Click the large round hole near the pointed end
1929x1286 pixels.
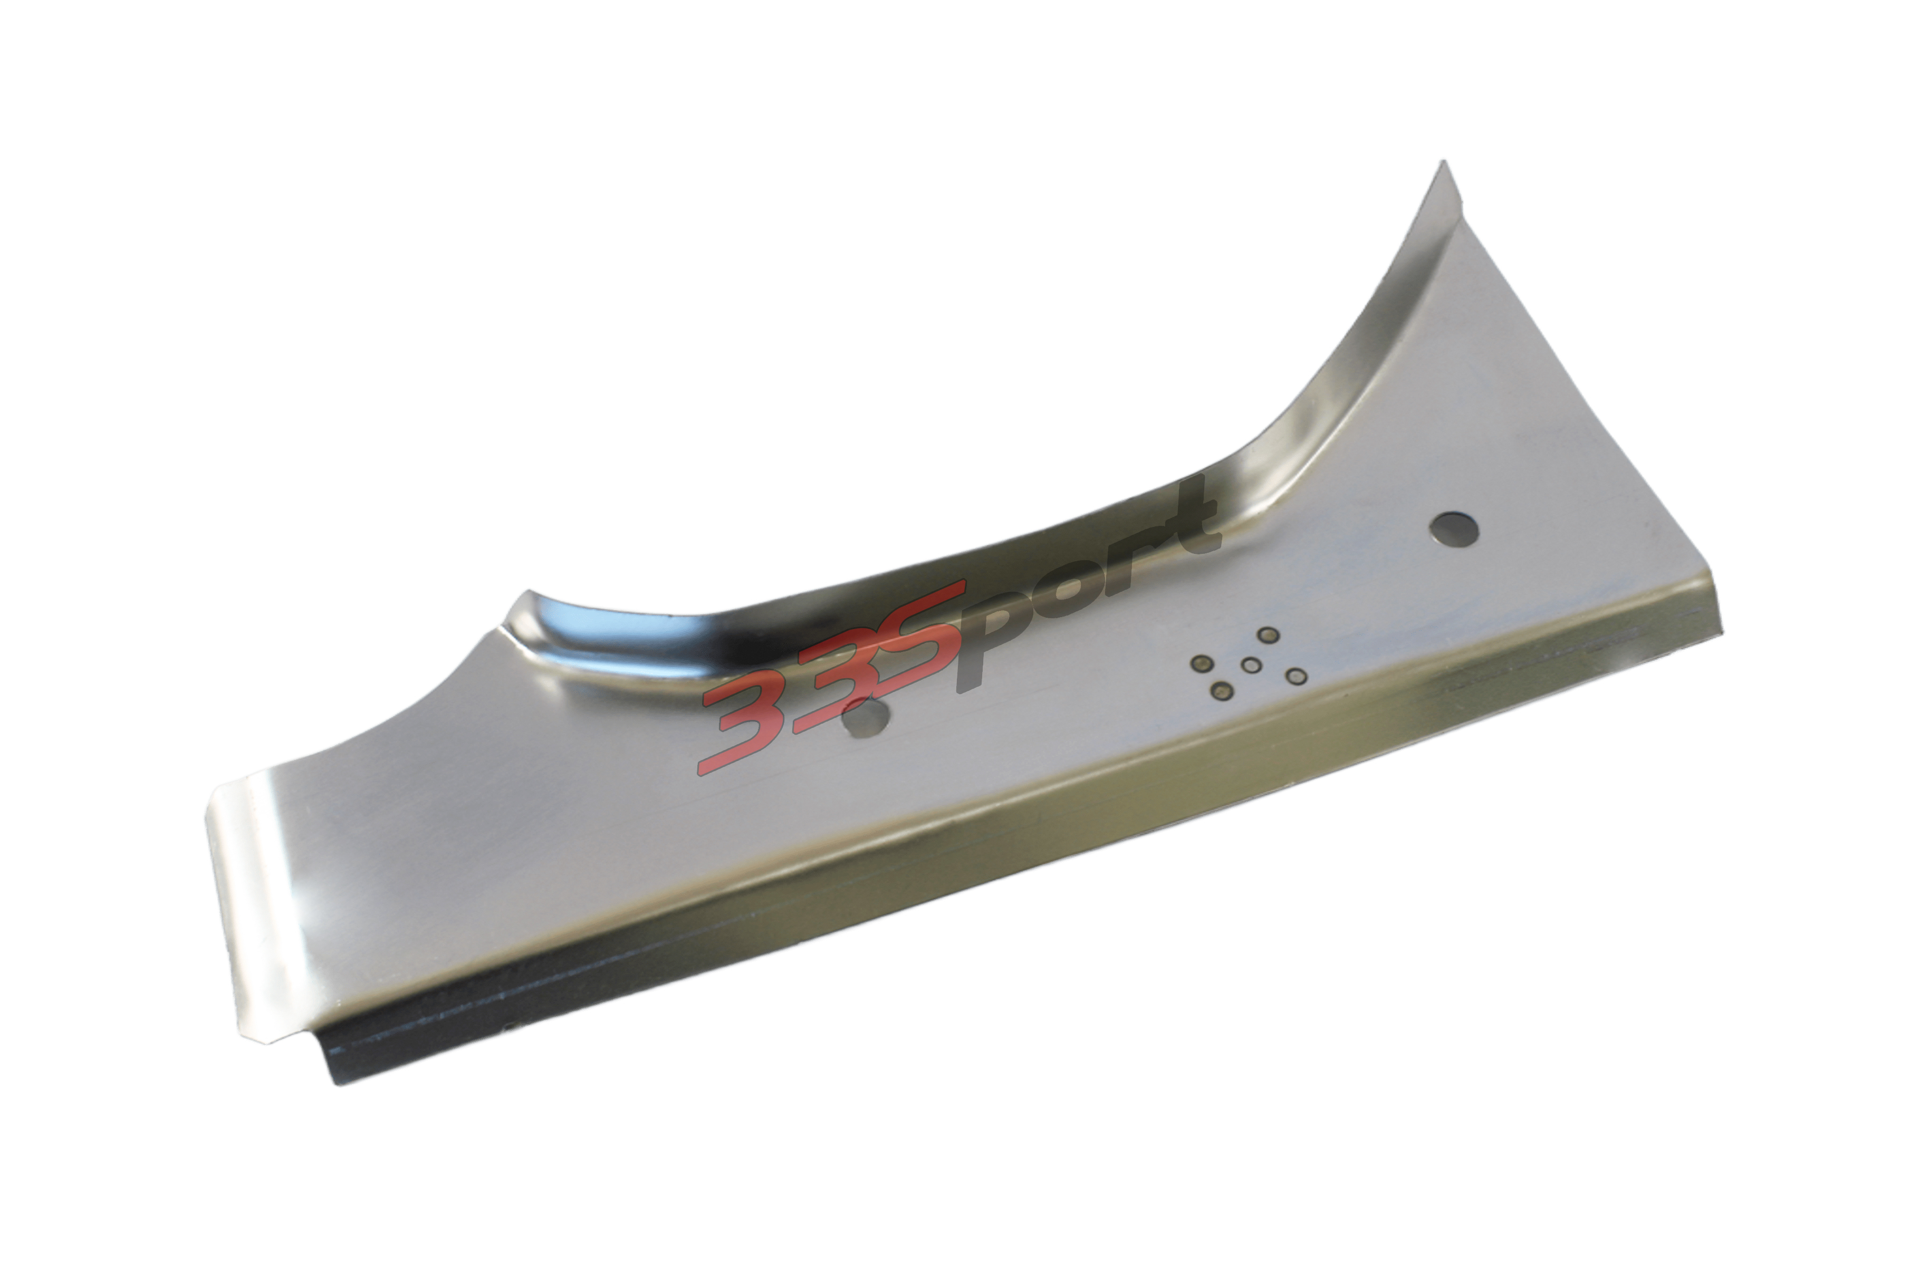pos(1453,530)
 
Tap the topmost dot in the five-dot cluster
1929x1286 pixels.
pos(1268,635)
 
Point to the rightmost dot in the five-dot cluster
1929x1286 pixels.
pos(1296,676)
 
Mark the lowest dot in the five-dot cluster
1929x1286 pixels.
pos(1222,692)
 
